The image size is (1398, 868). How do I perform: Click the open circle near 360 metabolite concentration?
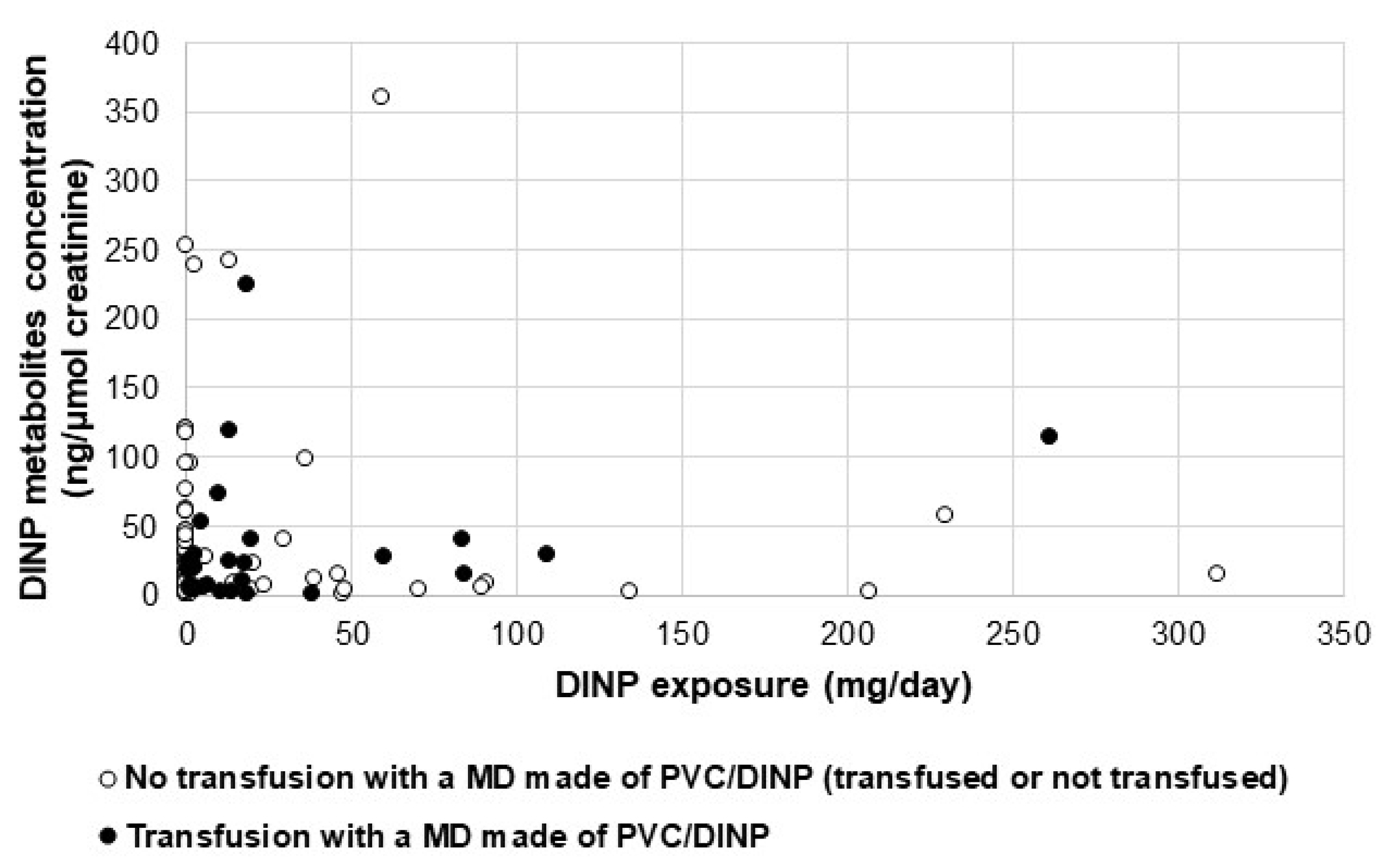tap(381, 96)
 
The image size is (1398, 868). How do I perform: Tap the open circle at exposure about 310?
tap(1216, 573)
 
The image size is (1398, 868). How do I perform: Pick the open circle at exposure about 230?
tap(944, 514)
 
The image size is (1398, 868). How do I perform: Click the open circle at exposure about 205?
tap(868, 590)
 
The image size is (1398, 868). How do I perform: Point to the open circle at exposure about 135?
tap(629, 590)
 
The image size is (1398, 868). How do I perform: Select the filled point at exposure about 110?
tap(546, 554)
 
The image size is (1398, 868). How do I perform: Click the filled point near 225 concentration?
tap(246, 284)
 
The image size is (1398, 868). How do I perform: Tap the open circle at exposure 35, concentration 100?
tap(304, 458)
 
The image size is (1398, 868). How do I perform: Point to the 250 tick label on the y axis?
tap(131, 251)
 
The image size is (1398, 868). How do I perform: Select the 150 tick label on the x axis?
tap(682, 635)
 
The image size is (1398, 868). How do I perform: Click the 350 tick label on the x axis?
tap(1343, 635)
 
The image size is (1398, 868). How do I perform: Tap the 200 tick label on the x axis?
tap(847, 635)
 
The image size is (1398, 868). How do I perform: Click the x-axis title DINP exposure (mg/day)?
tap(764, 686)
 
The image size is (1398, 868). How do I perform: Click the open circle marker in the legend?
tap(108, 779)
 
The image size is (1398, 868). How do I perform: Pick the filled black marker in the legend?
tap(108, 836)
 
